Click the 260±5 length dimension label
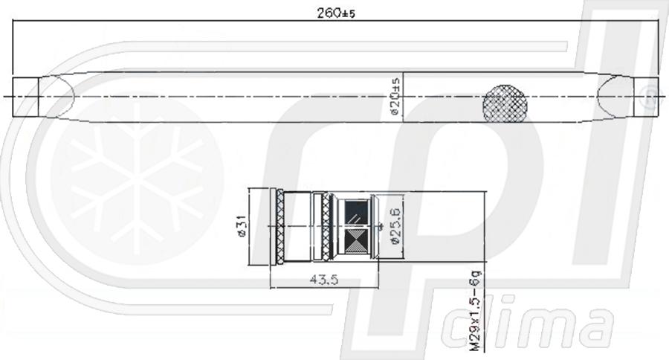click(335, 13)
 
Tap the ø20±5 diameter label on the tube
click(395, 97)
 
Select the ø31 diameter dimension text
click(242, 226)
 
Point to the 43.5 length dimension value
click(324, 280)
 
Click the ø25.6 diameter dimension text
click(395, 225)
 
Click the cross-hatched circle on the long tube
click(505, 103)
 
